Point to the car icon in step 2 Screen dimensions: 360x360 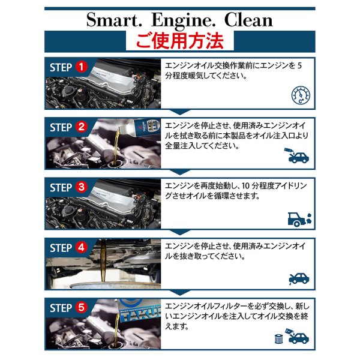(297, 157)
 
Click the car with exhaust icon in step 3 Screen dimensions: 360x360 (299, 218)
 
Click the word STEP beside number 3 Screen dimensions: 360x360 (61, 187)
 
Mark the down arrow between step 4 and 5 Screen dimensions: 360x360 (179, 293)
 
